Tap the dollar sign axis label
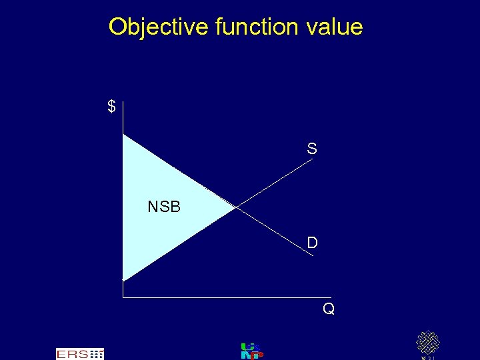(111, 107)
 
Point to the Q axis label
(329, 309)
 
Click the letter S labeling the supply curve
(312, 149)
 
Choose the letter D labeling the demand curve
(312, 243)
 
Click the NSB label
(164, 207)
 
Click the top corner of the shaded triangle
(123, 135)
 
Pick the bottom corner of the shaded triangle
(123, 280)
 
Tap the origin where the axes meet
(123, 297)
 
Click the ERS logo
(80, 354)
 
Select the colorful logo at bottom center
(251, 351)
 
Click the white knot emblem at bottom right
(428, 343)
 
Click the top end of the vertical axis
(123, 101)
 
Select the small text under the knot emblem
(428, 357)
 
